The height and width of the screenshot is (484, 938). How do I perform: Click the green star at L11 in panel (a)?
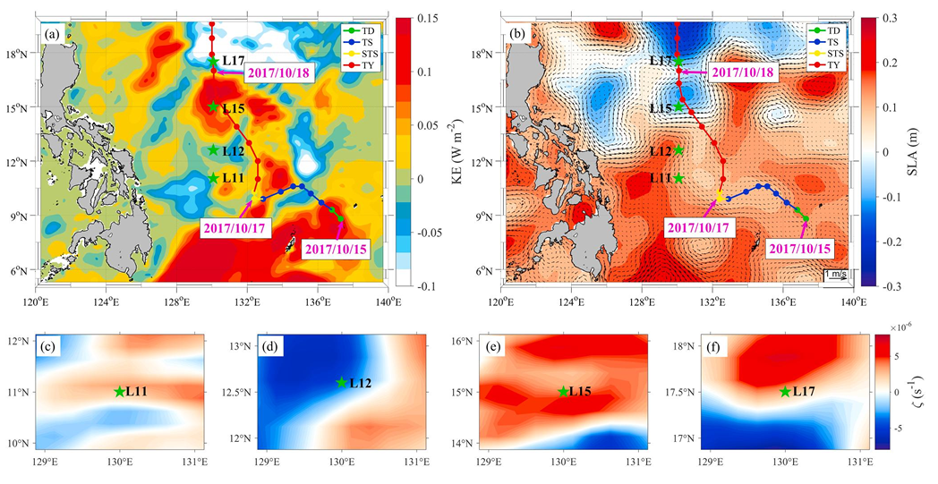point(213,178)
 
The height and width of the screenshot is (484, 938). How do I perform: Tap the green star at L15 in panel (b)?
point(678,106)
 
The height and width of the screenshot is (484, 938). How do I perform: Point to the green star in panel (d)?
point(341,382)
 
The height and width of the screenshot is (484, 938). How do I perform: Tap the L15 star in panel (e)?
point(563,391)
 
